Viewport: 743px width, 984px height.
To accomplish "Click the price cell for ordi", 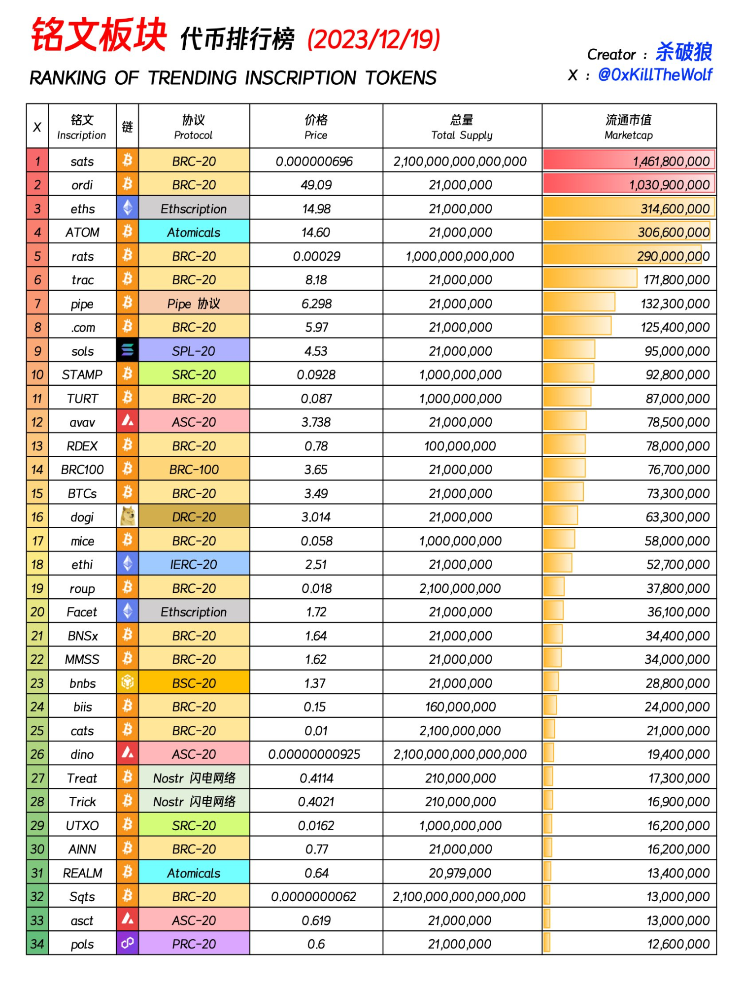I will [316, 185].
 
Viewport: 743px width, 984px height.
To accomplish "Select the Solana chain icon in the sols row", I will [127, 350].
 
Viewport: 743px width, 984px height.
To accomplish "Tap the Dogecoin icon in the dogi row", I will [128, 516].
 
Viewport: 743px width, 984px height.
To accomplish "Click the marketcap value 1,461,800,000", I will [671, 161].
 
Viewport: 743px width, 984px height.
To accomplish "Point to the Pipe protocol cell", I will [194, 304].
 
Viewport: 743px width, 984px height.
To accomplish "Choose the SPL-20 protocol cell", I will [194, 351].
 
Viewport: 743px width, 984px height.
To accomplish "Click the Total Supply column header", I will [462, 127].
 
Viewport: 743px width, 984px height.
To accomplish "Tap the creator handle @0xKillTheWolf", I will [655, 75].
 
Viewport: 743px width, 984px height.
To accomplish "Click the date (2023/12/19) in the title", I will [373, 39].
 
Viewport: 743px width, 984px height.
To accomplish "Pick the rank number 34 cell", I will [37, 944].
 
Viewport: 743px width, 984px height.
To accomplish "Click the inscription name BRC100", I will [82, 470].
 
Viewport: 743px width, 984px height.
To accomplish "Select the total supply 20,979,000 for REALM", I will [460, 873].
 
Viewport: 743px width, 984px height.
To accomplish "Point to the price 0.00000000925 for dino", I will [314, 754].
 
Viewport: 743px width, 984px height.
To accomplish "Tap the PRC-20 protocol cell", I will [194, 944].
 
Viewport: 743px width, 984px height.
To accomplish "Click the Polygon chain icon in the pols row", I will [127, 943].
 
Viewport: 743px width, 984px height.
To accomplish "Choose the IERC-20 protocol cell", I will [194, 564].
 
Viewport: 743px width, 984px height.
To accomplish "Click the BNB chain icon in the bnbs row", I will [127, 682].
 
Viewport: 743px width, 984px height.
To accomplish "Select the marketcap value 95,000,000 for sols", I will [677, 351].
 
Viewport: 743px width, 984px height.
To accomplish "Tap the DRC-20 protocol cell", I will [194, 517].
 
